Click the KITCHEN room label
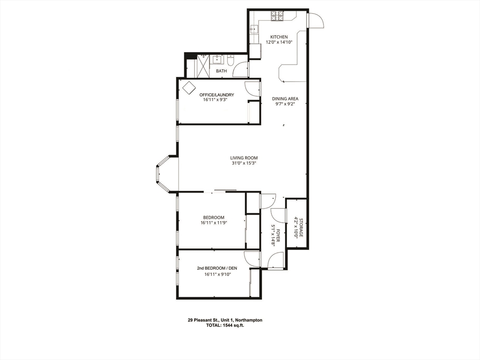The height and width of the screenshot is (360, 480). [x=279, y=37]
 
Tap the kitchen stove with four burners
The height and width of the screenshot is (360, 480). [x=277, y=16]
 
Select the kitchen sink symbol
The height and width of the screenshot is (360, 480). [x=254, y=30]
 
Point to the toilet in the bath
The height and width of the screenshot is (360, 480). [x=230, y=60]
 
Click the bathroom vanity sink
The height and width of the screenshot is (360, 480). [x=217, y=60]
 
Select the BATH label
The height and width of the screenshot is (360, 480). [x=221, y=71]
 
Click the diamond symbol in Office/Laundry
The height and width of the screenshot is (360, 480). [x=188, y=88]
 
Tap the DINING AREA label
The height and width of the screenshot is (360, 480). [x=285, y=99]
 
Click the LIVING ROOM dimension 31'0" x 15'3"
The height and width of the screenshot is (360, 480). [x=243, y=164]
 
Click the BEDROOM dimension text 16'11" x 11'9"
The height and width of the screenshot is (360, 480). [x=213, y=224]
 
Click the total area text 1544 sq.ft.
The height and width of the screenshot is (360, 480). [x=225, y=325]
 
